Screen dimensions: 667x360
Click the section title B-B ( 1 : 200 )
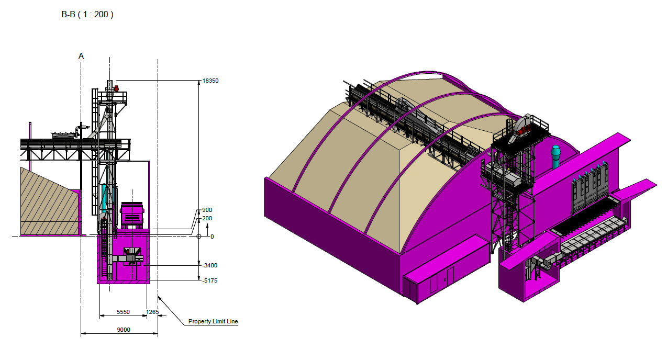click(87, 14)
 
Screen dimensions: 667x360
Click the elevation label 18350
click(210, 81)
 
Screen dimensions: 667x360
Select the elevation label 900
click(207, 210)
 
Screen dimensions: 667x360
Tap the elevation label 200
click(207, 218)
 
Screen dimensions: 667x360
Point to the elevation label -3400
click(209, 265)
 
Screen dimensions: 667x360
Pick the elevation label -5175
click(209, 280)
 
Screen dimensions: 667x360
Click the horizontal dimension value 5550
click(123, 312)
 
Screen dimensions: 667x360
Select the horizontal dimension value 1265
click(152, 312)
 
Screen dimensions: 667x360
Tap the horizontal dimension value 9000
click(123, 330)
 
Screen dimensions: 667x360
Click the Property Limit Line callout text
click(213, 321)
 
